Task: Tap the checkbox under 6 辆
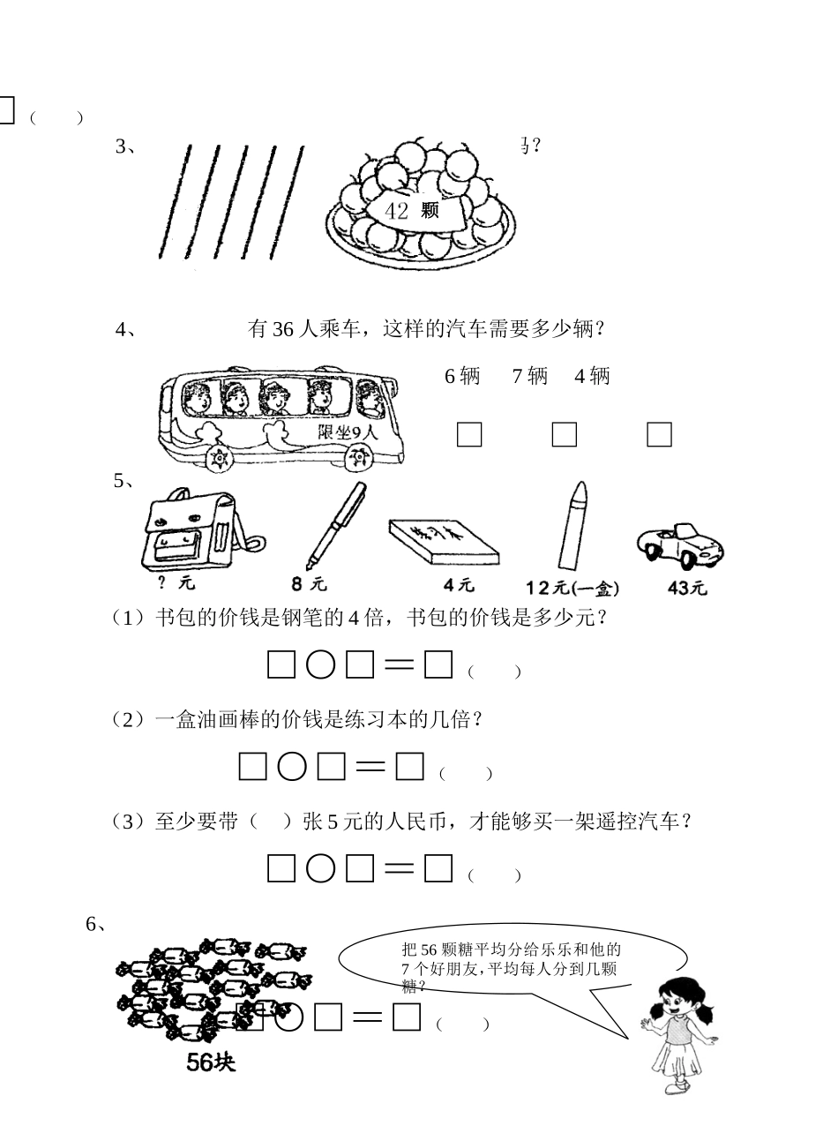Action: coord(469,434)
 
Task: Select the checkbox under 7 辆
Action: coord(564,434)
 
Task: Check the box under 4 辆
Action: coord(659,434)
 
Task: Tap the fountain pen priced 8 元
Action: coord(336,526)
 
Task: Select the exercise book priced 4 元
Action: coord(443,541)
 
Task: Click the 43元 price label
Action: coord(687,588)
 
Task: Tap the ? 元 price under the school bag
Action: coord(177,583)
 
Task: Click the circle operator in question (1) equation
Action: coord(320,665)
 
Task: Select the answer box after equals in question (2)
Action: coord(410,767)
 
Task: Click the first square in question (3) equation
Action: coord(281,869)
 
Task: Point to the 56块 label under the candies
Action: coord(211,1062)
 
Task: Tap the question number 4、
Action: coord(124,330)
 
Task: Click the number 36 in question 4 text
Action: coord(281,330)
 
